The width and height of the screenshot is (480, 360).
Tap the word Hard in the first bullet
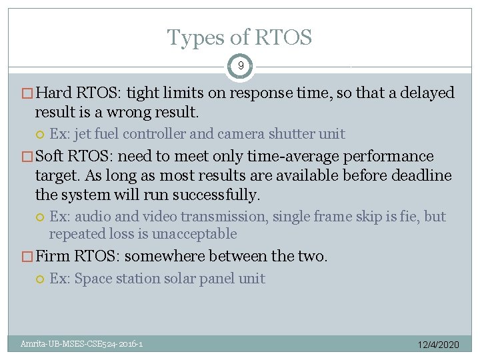(57, 93)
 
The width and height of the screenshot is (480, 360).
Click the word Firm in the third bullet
(56, 256)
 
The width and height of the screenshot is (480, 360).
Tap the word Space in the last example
(92, 279)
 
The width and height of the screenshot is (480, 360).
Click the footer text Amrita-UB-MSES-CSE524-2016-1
(81, 344)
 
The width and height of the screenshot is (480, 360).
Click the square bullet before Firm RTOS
(27, 257)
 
